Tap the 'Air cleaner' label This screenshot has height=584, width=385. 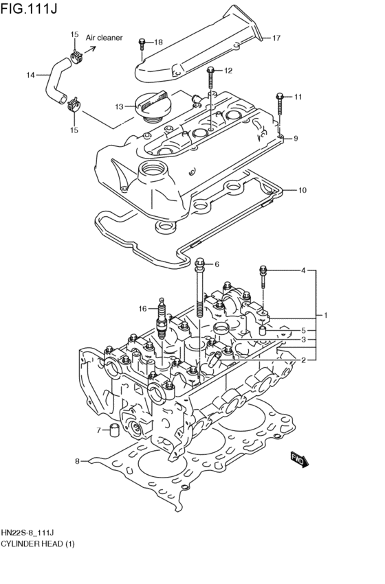(x=104, y=38)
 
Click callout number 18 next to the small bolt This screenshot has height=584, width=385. (x=158, y=43)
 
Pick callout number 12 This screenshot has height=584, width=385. (x=228, y=70)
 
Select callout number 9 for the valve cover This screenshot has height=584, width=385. (x=295, y=139)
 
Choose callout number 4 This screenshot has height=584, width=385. (x=302, y=270)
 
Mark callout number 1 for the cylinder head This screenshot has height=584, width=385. (x=327, y=315)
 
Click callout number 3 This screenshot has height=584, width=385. (x=302, y=340)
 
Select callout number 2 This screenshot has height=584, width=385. (x=302, y=360)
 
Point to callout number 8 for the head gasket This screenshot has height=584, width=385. (x=77, y=461)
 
